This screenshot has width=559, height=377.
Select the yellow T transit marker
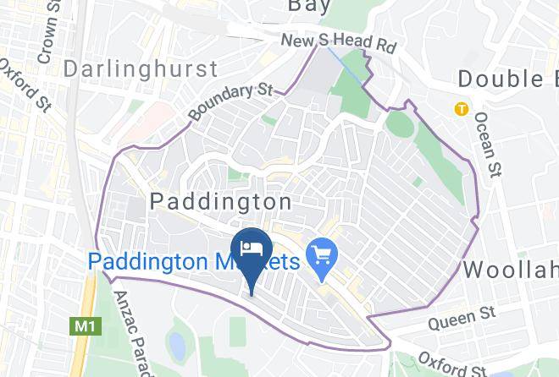(x=461, y=108)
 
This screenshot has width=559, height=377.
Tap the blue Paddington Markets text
(x=194, y=260)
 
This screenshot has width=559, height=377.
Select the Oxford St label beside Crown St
(x=24, y=81)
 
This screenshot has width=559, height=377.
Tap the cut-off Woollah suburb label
(x=510, y=270)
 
